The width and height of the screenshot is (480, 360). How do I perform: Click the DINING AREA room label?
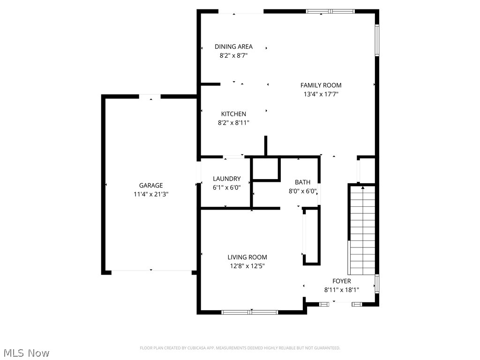coord(233,46)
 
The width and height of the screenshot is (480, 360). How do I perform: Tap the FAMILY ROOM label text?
coord(321,85)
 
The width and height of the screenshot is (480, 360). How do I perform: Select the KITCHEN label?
coord(233,114)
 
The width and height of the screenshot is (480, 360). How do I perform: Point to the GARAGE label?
coord(150,186)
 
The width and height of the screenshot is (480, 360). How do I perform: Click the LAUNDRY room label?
coord(226,179)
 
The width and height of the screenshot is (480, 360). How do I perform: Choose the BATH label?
coord(302,182)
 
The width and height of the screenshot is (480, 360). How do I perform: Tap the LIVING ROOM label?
coord(247,257)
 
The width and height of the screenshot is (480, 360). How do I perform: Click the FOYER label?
coord(341,281)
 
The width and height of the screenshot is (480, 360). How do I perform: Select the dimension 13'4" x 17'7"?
coord(321,94)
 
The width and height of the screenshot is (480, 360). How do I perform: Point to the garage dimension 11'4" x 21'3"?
coord(150,194)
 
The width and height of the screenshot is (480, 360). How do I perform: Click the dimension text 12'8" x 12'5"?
coord(247,266)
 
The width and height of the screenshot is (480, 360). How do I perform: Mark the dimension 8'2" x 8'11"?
coord(233,123)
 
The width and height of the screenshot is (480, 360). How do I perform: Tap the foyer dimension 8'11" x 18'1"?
coord(341,290)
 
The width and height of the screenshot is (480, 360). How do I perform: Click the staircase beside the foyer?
coord(363,230)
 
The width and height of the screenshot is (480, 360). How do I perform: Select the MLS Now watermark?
coord(26,352)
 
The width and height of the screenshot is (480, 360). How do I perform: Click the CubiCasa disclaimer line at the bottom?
coord(240,348)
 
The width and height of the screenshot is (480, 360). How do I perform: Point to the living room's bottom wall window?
coord(250,312)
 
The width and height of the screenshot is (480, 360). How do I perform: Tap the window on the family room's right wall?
coord(376,40)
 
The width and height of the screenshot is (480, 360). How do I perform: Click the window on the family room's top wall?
coord(330,11)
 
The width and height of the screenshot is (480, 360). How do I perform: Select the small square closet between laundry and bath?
coord(265,169)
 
